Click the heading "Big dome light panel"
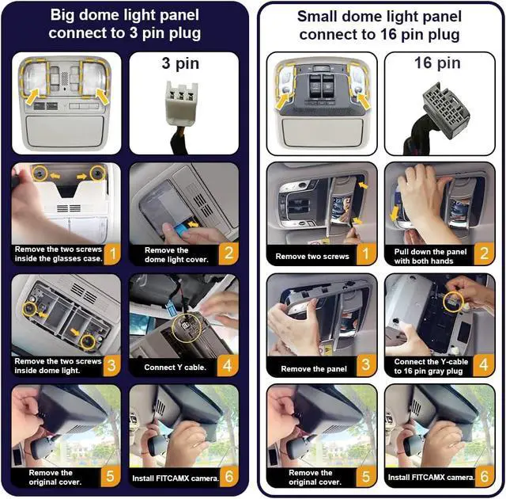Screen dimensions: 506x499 click(125, 15)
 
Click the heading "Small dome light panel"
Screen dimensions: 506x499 click(379, 17)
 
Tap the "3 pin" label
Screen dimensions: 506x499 click(180, 63)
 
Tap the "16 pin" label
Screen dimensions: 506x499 click(437, 63)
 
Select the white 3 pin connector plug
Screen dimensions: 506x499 click(181, 104)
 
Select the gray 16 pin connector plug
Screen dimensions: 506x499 click(445, 111)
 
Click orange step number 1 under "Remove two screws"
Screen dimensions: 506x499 click(365, 253)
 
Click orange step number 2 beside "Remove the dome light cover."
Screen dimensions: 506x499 click(228, 253)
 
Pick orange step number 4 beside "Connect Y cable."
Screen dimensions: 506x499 click(228, 365)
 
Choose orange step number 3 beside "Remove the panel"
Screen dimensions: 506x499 click(365, 365)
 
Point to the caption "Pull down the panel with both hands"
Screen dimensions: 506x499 click(430, 257)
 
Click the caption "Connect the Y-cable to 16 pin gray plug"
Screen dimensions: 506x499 click(431, 366)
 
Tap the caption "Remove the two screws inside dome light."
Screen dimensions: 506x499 click(58, 366)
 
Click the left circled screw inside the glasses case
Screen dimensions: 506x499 click(40, 173)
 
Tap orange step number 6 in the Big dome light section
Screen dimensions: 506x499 click(228, 476)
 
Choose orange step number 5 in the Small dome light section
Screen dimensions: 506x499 click(365, 476)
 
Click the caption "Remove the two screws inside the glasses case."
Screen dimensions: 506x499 click(59, 254)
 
